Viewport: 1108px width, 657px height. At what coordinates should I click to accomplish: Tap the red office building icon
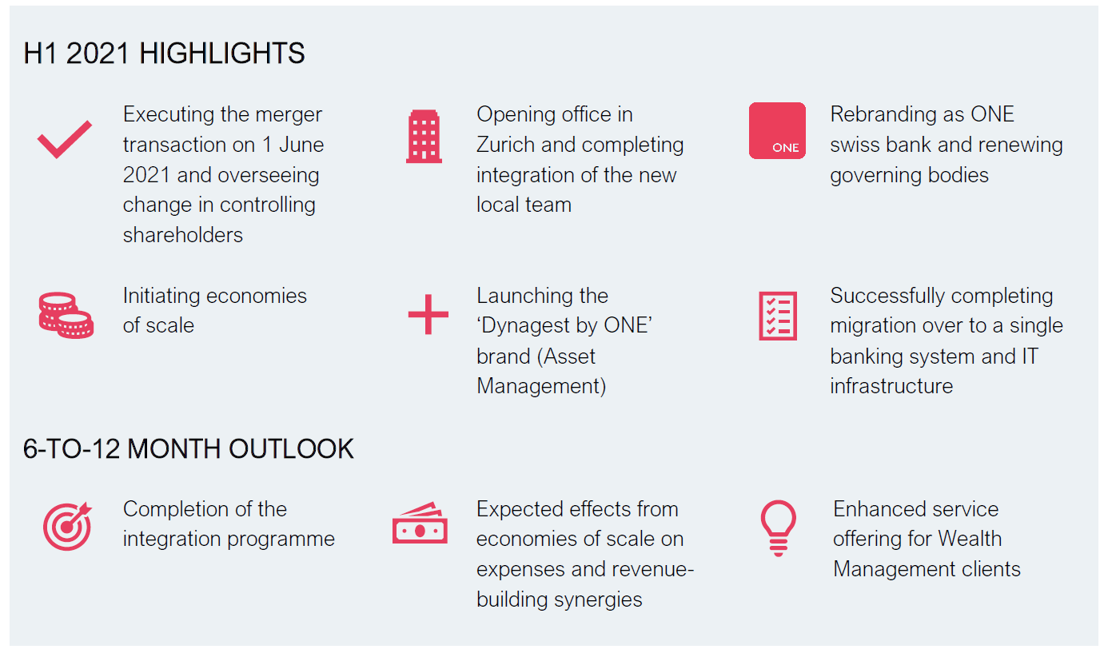[x=424, y=136]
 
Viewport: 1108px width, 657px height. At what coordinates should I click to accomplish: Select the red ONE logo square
[x=777, y=130]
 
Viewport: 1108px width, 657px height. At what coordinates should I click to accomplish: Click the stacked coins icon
[x=66, y=315]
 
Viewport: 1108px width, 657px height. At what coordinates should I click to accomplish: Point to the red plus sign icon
[x=428, y=314]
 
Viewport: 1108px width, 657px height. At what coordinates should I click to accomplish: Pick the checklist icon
[x=778, y=317]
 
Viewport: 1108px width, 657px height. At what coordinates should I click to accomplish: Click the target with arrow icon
[x=67, y=527]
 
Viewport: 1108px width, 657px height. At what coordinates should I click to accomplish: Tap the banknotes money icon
[x=420, y=524]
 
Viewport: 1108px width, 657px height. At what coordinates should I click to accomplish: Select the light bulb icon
[x=778, y=528]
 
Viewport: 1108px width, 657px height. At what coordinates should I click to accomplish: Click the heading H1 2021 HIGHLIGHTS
[x=164, y=54]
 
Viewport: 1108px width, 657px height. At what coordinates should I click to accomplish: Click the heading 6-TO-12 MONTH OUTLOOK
[x=189, y=449]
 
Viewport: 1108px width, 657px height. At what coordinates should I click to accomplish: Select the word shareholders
[x=183, y=235]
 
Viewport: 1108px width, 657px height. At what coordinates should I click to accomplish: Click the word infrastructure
[x=891, y=386]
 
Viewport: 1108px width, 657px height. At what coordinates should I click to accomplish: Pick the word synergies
[x=598, y=600]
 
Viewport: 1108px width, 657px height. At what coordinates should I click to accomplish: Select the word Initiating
[x=161, y=297]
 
